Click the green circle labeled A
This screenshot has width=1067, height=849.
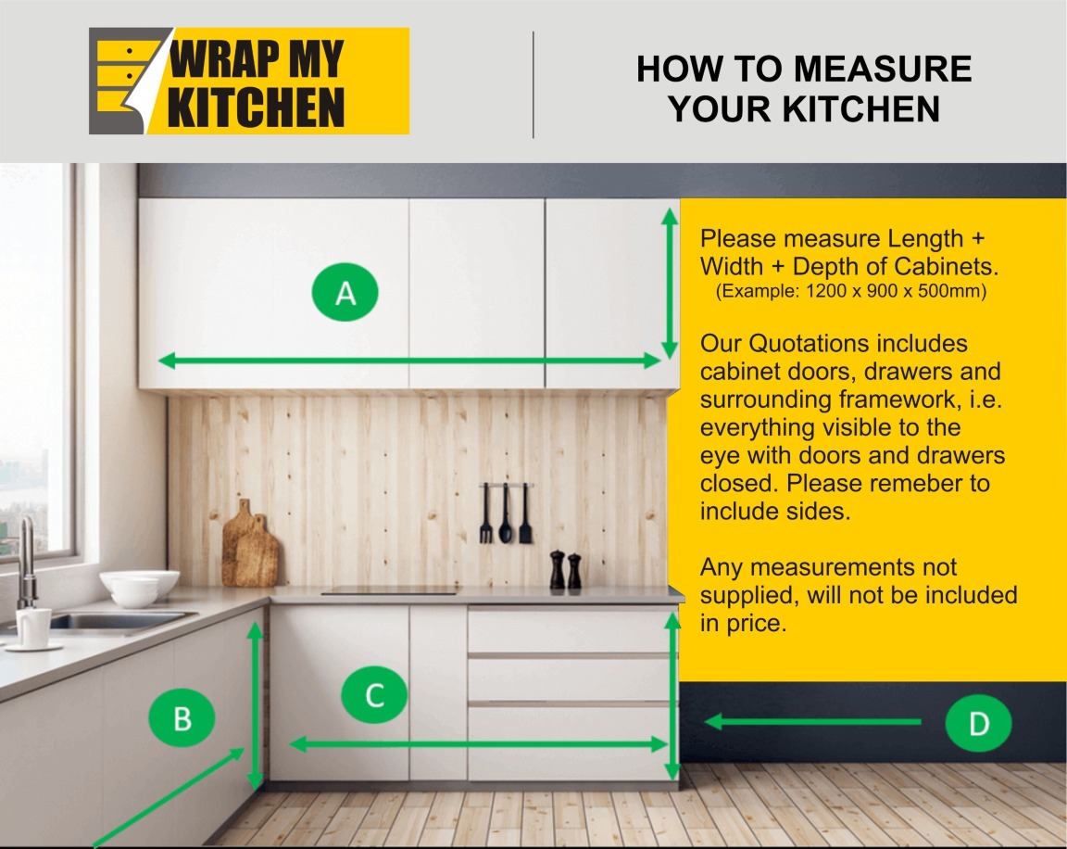click(345, 293)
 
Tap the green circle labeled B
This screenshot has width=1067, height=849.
click(182, 718)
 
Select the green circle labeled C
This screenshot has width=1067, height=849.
click(374, 695)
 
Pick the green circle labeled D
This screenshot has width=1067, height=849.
click(978, 723)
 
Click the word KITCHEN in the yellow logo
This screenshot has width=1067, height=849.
click(256, 107)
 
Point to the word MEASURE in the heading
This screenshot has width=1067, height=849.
click(883, 69)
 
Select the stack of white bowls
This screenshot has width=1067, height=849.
click(140, 589)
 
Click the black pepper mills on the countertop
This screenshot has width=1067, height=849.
click(566, 570)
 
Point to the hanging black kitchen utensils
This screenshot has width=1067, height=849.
click(506, 513)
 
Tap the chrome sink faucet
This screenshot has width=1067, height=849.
click(26, 564)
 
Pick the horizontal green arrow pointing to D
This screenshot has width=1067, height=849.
click(812, 722)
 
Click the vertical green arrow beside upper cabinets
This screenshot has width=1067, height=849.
click(670, 284)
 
